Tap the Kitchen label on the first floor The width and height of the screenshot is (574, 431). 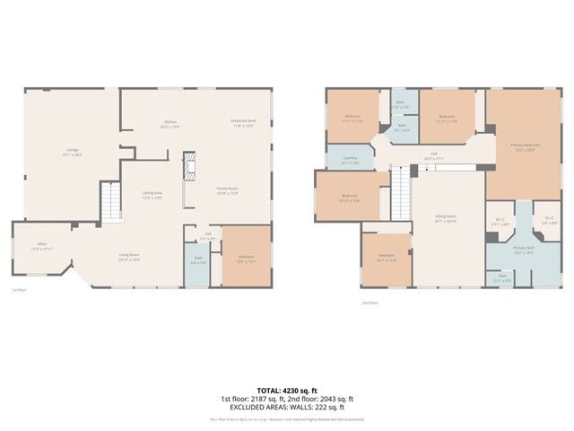pos(170,123)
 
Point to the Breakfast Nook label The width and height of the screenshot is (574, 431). pos(244,123)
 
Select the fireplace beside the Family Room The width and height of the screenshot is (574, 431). pos(188,167)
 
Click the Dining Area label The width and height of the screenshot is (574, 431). pos(152,194)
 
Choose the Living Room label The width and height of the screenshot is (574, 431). pos(129,257)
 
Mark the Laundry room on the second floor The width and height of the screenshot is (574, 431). pos(350,160)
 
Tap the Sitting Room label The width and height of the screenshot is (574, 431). pos(446,217)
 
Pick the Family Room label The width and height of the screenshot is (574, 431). pos(226,190)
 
